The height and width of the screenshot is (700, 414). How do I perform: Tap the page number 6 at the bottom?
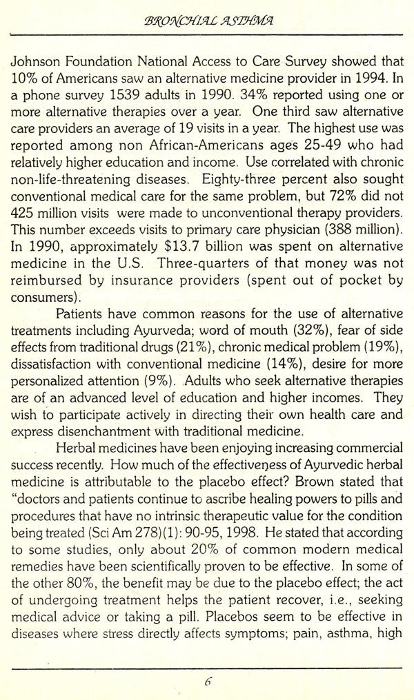pyautogui.click(x=207, y=681)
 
